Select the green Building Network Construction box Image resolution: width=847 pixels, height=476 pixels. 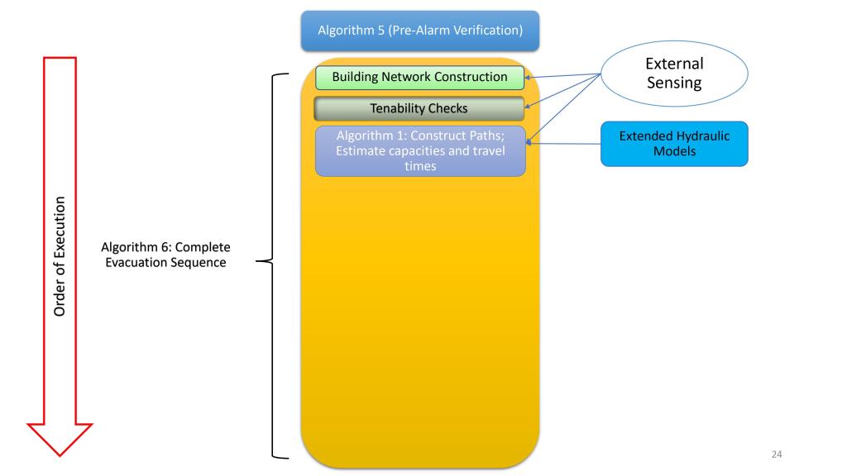419,78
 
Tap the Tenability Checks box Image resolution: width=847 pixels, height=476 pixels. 419,108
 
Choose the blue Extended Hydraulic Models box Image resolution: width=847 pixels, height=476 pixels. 673,144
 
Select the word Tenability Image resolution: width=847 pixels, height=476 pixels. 398,108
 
